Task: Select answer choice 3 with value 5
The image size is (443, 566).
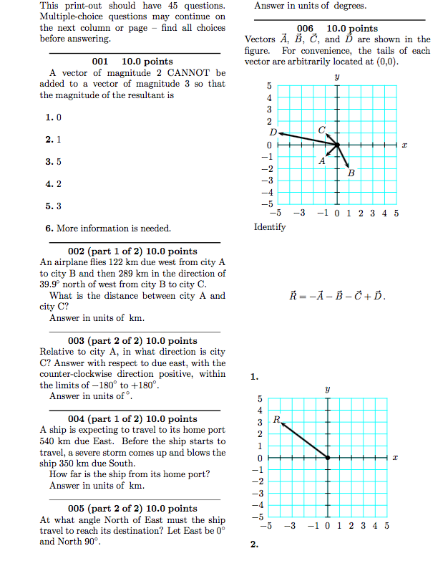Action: coord(54,162)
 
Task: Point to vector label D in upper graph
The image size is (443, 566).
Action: coord(272,133)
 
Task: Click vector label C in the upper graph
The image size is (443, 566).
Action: coord(322,129)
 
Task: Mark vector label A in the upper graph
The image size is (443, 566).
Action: coord(322,161)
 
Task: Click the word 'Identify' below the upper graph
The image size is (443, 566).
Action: coord(270,227)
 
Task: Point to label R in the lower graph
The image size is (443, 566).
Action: coord(276,418)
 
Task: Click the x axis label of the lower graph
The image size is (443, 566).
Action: coord(394,457)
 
